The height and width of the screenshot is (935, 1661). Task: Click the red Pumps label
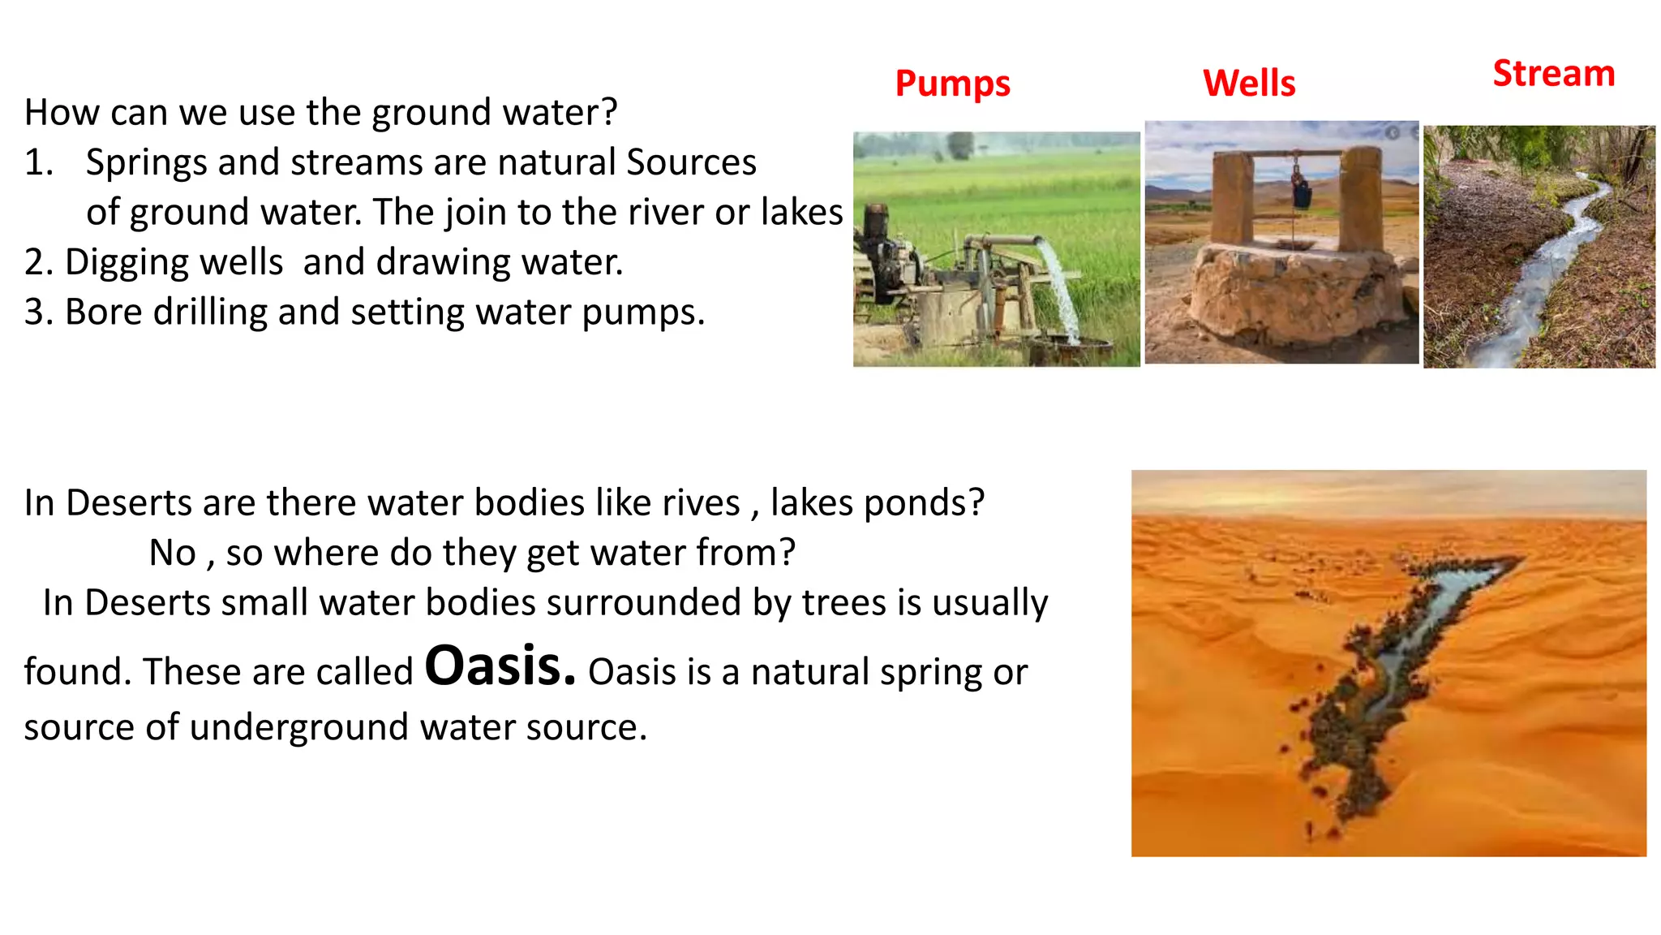coord(952,84)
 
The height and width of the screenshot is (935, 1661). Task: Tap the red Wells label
coord(1249,84)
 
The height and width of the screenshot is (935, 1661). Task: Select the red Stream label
coord(1553,74)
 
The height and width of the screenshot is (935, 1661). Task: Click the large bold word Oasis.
coord(500,666)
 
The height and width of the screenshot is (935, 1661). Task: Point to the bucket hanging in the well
coord(1302,194)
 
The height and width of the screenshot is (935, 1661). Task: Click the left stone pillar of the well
coord(1233,199)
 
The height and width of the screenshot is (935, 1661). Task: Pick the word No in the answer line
coord(173,554)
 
